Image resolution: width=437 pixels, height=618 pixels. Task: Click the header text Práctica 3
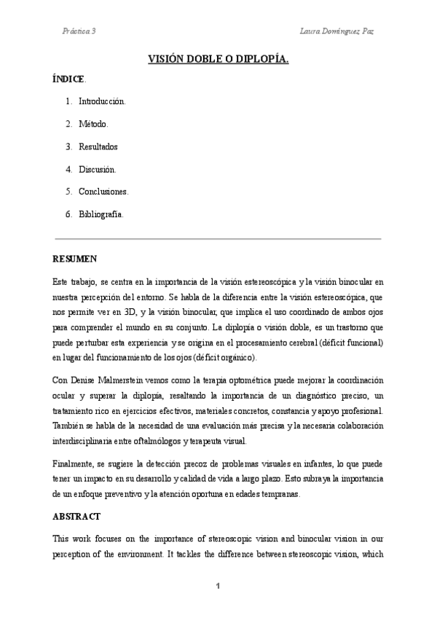click(x=79, y=32)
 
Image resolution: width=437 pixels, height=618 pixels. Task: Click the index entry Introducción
click(x=102, y=101)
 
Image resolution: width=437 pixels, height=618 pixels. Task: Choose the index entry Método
click(x=93, y=124)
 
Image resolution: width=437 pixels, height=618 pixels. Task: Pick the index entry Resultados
click(x=98, y=146)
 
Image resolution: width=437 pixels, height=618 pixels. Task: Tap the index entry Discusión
click(x=97, y=169)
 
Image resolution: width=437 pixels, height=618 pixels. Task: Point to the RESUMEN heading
click(x=75, y=259)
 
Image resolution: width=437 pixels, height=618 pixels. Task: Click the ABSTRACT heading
click(x=76, y=515)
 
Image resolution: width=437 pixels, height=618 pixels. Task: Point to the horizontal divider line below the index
click(x=219, y=238)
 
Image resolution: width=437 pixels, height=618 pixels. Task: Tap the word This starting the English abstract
click(x=61, y=539)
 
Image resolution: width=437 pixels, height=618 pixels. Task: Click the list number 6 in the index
click(x=68, y=214)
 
